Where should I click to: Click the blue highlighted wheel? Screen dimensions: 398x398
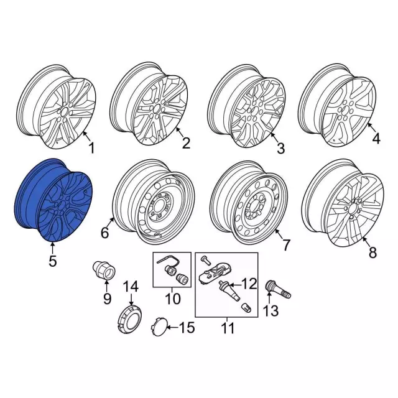coord(53,200)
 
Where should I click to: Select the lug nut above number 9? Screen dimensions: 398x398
coord(103,271)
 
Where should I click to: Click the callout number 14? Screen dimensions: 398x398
coord(131,286)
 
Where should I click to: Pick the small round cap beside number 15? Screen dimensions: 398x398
coord(159,326)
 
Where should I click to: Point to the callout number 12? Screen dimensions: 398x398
coord(249,284)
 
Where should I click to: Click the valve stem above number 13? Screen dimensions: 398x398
coord(278,290)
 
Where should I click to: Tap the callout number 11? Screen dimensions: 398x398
coord(228,328)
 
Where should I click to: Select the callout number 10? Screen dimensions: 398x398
coord(173,298)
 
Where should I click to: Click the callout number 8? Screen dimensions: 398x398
coord(373,252)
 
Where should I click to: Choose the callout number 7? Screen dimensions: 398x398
coord(286,245)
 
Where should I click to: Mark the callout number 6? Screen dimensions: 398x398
coord(105,232)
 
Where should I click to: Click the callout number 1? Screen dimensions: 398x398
coord(91,148)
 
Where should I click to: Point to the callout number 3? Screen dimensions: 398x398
coord(280,148)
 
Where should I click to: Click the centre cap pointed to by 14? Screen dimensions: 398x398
coord(131,317)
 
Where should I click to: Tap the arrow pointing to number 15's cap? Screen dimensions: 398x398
coord(173,328)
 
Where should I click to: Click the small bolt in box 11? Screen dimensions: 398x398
coord(205,259)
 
